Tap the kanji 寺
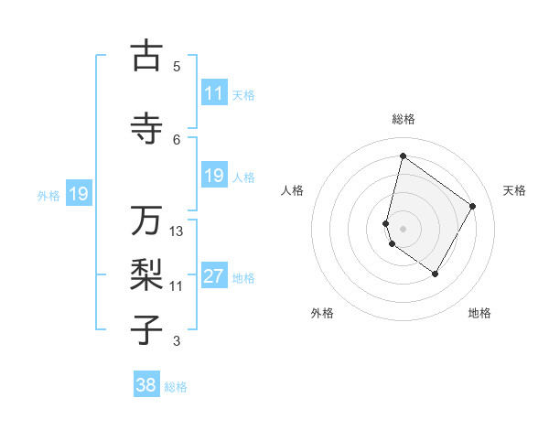[x=146, y=127]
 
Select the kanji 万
[x=146, y=220]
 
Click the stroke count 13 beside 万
[x=177, y=231]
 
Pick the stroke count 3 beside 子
[x=177, y=341]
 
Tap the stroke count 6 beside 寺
[x=177, y=139]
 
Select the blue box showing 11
[x=213, y=93]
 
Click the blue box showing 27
[x=213, y=277]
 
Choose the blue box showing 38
[x=145, y=385]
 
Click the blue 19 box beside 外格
[x=78, y=194]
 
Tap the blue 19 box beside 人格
[x=213, y=176]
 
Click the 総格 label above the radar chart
[x=403, y=119]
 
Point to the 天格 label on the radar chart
[x=514, y=190]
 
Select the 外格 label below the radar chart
[x=322, y=313]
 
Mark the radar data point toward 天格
[x=473, y=206]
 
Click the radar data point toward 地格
[x=436, y=274]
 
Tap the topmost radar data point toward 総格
[x=403, y=156]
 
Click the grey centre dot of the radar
[x=403, y=228]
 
